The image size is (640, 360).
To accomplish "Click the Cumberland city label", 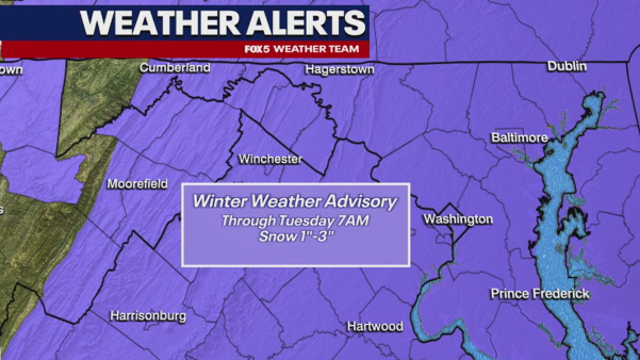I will click(175, 67).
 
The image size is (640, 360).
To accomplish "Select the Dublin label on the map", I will click(567, 66).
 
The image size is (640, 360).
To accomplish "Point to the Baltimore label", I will click(519, 137).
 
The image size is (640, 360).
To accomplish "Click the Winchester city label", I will click(270, 159).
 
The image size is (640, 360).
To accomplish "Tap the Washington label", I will click(458, 218).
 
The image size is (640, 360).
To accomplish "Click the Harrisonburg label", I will click(148, 316).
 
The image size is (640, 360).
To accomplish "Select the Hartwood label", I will click(374, 327).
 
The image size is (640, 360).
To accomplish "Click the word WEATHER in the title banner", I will click(149, 23).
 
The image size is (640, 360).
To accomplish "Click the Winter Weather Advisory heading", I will click(295, 201).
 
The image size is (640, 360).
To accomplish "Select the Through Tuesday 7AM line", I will click(295, 221).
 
